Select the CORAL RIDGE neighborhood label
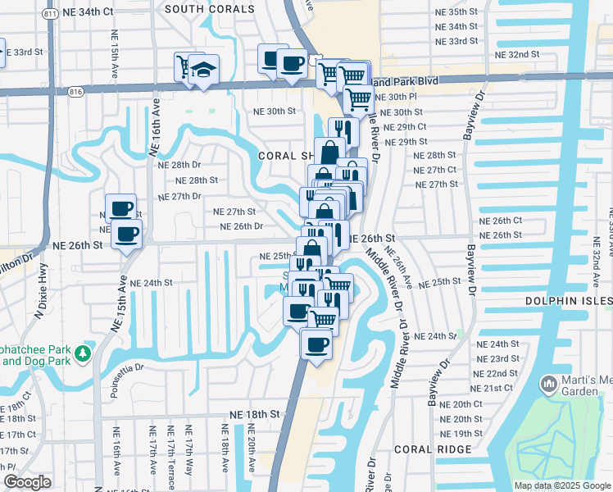pos(432,449)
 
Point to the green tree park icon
pos(83,353)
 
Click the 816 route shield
pos(75,90)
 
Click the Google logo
pos(26,481)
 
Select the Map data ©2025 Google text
pos(562,485)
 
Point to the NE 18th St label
pos(255,415)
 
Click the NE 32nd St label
pos(518,54)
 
